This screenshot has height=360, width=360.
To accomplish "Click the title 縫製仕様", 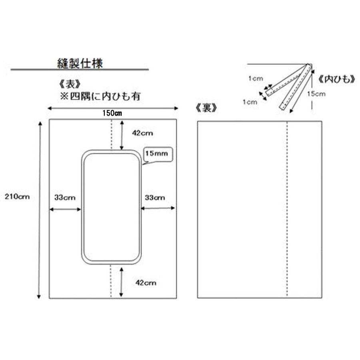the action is tap(80, 63).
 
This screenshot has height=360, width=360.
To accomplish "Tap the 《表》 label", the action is tap(70, 84).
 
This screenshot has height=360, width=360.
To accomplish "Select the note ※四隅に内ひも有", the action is tap(100, 96).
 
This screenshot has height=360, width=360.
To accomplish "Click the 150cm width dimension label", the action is tap(112, 113).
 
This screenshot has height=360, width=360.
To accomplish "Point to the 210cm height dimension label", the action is tap(17, 196).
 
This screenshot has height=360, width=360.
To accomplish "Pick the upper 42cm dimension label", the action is tap(142, 133).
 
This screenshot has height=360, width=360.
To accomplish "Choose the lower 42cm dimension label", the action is tap(146, 282).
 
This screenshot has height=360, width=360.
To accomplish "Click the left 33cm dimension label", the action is tap(65, 198).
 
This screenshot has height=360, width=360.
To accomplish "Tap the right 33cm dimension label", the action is tap(155, 198).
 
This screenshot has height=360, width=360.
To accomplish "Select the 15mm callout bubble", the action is tap(158, 154).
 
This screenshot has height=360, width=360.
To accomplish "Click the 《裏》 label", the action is tap(206, 108).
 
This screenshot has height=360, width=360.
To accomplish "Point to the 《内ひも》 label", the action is tap(336, 80).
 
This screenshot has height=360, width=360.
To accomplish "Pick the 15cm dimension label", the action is tap(316, 94).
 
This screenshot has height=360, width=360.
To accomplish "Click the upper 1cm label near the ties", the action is tap(256, 78).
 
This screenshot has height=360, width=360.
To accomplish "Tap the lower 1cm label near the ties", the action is tap(250, 102).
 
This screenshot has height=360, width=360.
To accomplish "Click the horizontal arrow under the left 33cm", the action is tap(66, 209).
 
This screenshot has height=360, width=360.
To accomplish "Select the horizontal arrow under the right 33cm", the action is tap(158, 208).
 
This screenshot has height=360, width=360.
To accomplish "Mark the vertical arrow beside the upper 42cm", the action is tap(122, 136).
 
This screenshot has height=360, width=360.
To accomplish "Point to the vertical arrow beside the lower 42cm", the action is tap(122, 282).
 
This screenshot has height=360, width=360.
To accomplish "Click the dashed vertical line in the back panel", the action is tap(287, 209).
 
